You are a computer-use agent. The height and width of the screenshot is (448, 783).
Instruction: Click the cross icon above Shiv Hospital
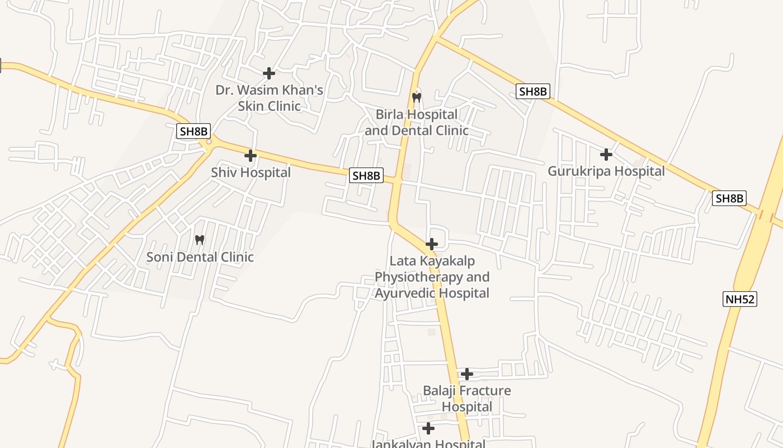tap(251, 155)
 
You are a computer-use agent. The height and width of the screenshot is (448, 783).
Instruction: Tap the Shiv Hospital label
tap(251, 172)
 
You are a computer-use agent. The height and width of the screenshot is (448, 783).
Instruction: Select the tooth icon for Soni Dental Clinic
tap(199, 240)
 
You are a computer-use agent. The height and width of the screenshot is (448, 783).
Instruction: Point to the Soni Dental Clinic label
tap(200, 257)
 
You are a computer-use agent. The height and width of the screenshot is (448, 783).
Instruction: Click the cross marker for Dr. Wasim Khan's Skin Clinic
tap(269, 73)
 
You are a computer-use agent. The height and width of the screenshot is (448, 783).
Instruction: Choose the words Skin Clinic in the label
tap(269, 106)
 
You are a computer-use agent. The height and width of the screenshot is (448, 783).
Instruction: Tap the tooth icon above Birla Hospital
tap(416, 97)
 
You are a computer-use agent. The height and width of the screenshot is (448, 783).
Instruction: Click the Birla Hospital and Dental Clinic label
tap(417, 122)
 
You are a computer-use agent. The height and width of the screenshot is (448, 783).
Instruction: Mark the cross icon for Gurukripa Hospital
tap(606, 154)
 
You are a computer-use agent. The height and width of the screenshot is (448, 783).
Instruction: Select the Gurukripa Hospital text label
tap(606, 171)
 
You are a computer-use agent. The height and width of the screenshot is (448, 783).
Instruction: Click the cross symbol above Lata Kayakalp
tap(432, 244)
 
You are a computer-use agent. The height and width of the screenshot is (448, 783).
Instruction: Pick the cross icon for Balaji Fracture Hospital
tap(467, 374)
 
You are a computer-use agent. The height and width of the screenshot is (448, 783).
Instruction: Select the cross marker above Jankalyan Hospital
tap(428, 428)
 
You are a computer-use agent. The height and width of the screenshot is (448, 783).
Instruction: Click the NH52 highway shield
tap(740, 299)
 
